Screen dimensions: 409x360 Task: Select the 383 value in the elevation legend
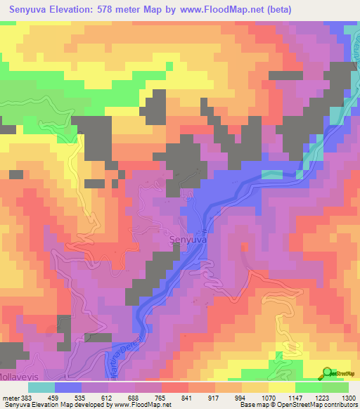[x=27, y=397]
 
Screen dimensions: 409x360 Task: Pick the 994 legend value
[x=240, y=397]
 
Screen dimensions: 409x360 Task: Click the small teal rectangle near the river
[x=271, y=174]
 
